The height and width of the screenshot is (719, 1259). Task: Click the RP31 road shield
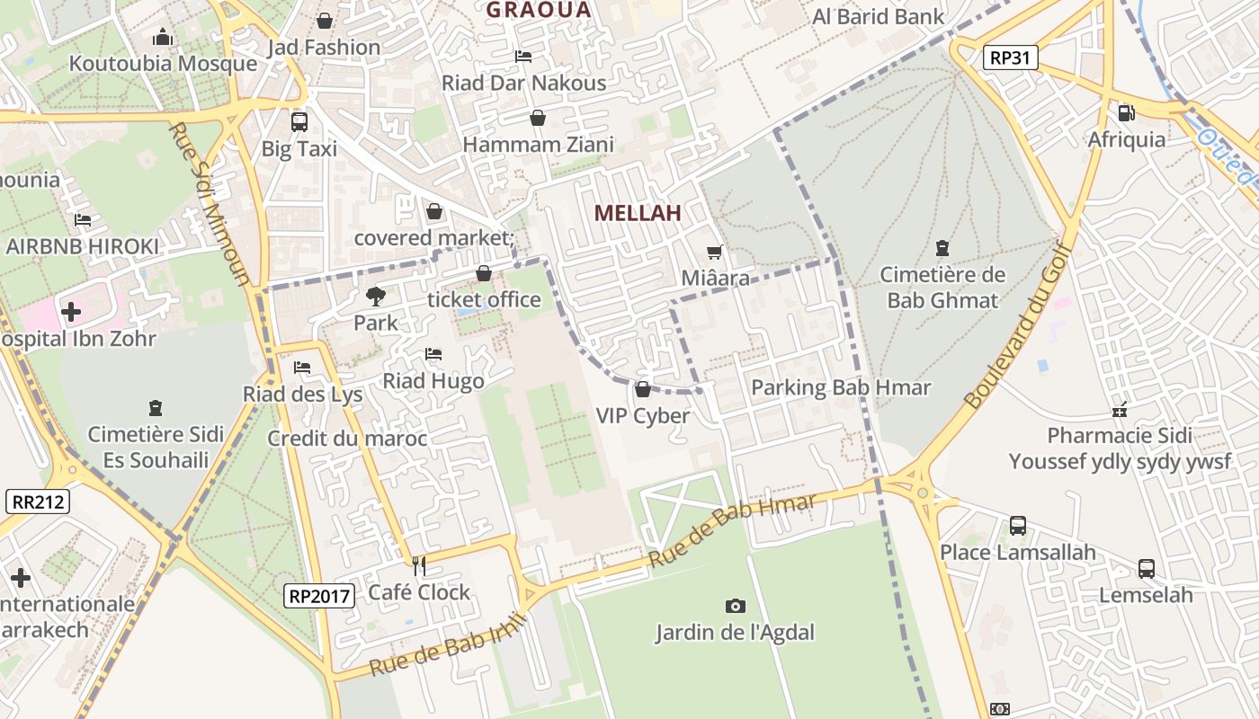pyautogui.click(x=1010, y=58)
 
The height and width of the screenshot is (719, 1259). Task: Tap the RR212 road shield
pyautogui.click(x=39, y=502)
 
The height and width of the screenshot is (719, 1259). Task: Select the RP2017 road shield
pyautogui.click(x=321, y=595)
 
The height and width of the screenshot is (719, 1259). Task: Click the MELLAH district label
pyautogui.click(x=638, y=213)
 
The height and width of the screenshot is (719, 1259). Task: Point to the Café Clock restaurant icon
pyautogui.click(x=418, y=565)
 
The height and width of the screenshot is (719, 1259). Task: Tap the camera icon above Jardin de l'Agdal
pyautogui.click(x=735, y=606)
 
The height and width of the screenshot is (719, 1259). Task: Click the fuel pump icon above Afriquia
pyautogui.click(x=1126, y=113)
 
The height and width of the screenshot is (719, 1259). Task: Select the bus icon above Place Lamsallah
pyautogui.click(x=1018, y=525)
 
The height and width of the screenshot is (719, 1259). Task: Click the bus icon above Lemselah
pyautogui.click(x=1146, y=568)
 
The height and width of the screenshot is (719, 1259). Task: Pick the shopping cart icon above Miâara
pyautogui.click(x=715, y=253)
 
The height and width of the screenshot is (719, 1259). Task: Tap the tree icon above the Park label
pyautogui.click(x=375, y=296)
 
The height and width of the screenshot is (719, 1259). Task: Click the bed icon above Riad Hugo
pyautogui.click(x=433, y=354)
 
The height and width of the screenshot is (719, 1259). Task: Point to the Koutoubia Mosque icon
pyautogui.click(x=163, y=37)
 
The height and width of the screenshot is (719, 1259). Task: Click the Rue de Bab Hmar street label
pyautogui.click(x=732, y=529)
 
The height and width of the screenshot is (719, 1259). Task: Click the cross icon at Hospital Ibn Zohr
pyautogui.click(x=71, y=312)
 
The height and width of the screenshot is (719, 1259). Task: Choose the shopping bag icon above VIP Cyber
pyautogui.click(x=642, y=389)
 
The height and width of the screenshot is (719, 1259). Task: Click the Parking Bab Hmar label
pyautogui.click(x=841, y=387)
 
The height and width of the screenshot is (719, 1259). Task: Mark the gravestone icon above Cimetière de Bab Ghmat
pyautogui.click(x=942, y=247)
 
